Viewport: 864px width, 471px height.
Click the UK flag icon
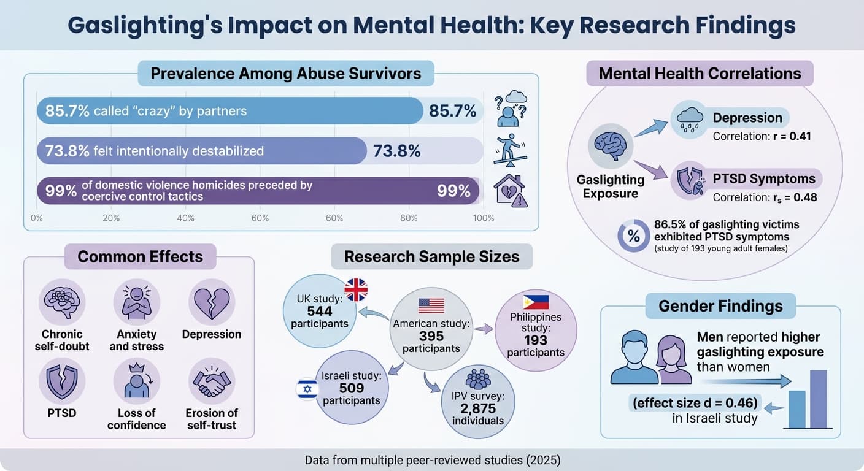coord(356,289)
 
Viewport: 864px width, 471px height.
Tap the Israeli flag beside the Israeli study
coord(307,389)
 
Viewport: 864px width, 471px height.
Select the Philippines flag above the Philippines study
coord(536,302)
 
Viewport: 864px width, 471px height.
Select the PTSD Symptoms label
coord(764,179)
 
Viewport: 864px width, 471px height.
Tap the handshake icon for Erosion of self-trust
coord(211,381)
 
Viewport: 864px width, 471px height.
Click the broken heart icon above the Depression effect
coord(211,302)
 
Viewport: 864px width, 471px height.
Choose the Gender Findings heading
coord(720,306)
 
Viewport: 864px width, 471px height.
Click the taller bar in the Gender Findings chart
coord(819,399)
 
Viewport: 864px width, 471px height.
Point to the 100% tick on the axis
coord(484,218)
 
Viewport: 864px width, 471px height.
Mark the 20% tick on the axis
coord(111,218)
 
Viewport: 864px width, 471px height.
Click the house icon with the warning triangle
coord(511,191)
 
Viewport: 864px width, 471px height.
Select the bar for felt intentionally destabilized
coord(202,151)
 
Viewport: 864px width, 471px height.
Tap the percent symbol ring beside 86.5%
coord(633,235)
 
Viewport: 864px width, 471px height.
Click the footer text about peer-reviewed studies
coord(431,459)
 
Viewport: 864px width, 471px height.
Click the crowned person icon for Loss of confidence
coord(136,381)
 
